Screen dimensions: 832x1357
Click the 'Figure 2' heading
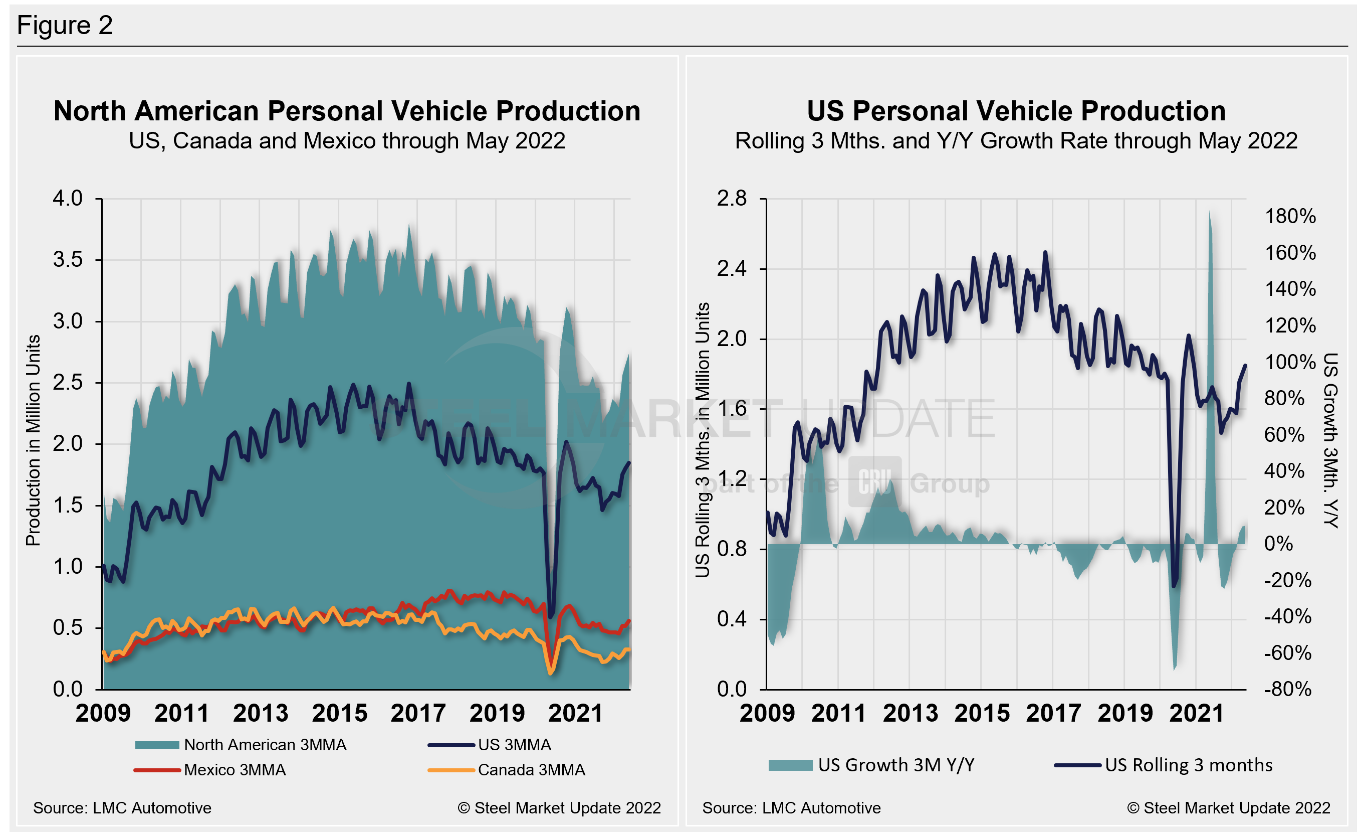pyautogui.click(x=65, y=26)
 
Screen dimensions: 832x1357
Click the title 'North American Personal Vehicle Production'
pyautogui.click(x=347, y=111)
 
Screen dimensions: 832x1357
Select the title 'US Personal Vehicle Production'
pyautogui.click(x=1016, y=111)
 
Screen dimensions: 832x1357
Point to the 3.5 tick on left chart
pyautogui.click(x=68, y=259)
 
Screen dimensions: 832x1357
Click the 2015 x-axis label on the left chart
pyautogui.click(x=339, y=713)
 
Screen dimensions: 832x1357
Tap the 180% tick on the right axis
pyautogui.click(x=1290, y=216)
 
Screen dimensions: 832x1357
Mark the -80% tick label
pyautogui.click(x=1288, y=689)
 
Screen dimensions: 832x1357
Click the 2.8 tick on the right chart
pyautogui.click(x=732, y=199)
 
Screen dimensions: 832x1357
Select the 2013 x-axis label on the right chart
pyautogui.click(x=911, y=713)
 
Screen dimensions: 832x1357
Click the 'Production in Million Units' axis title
pyautogui.click(x=33, y=440)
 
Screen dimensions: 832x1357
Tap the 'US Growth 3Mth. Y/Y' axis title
pyautogui.click(x=1330, y=440)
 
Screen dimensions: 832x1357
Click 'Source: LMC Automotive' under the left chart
pyautogui.click(x=122, y=808)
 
